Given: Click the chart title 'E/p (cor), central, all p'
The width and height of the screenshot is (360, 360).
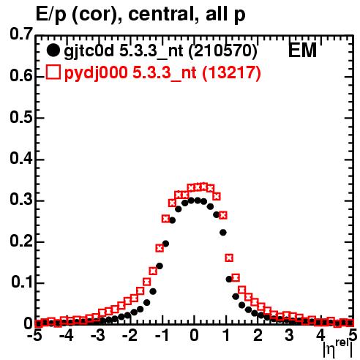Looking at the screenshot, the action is point(140,15).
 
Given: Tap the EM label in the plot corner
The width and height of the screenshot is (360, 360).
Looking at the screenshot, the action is point(302,50).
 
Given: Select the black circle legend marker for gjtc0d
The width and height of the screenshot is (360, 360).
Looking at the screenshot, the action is point(53,50).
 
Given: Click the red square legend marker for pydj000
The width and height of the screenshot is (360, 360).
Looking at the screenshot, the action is point(53,72).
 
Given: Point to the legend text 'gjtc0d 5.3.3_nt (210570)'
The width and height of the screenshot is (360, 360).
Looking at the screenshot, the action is point(160,51).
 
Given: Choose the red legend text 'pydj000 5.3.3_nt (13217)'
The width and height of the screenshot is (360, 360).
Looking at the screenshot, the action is point(162,73).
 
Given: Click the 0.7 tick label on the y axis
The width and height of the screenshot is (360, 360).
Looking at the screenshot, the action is point(21,34).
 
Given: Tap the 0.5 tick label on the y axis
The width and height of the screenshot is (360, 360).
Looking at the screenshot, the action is point(21,117).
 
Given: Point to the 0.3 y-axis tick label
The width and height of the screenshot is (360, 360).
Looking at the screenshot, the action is point(21,200).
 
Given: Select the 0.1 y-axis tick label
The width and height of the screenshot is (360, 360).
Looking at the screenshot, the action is point(22,282).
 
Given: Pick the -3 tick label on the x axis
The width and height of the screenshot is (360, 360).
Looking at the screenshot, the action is point(99,335).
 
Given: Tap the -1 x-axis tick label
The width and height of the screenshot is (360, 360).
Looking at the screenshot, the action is point(162,335).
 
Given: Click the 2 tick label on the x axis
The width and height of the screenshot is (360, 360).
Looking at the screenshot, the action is point(258,335).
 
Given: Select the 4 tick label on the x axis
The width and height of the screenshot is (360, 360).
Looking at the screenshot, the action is point(320,335).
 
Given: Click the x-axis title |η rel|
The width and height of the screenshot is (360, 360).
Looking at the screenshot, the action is point(337,348).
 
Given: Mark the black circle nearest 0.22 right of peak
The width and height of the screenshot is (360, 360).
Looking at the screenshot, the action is point(223,233).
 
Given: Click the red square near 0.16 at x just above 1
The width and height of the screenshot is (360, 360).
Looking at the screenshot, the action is point(229,258).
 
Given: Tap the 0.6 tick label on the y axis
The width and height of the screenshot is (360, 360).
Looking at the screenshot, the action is point(21,76).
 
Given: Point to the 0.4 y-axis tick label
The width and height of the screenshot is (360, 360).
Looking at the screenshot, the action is point(21,159).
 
